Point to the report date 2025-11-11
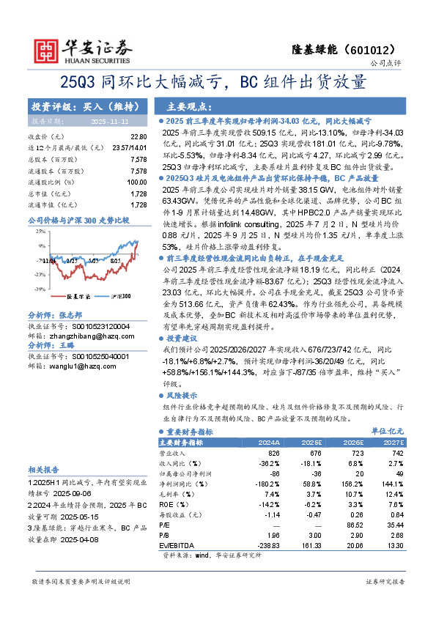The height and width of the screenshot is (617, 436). (x=109, y=120)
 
